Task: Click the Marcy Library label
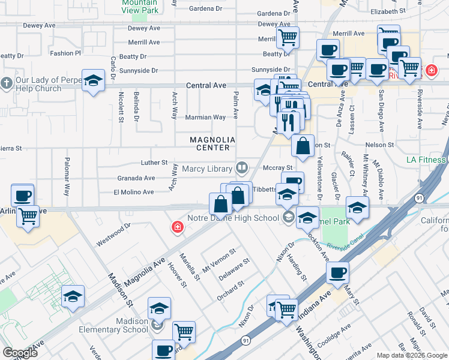211,169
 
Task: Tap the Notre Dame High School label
233,218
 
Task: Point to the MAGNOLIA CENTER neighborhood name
212,143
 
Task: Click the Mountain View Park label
139,6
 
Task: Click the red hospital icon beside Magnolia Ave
178,227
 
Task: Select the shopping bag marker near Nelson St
303,146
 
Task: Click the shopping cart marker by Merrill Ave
288,37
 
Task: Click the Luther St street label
154,163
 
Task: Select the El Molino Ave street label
134,192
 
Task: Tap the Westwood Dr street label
113,235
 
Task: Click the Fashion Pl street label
65,53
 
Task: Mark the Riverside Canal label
350,247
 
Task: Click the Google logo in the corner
20,353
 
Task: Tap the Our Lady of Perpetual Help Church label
39,85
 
